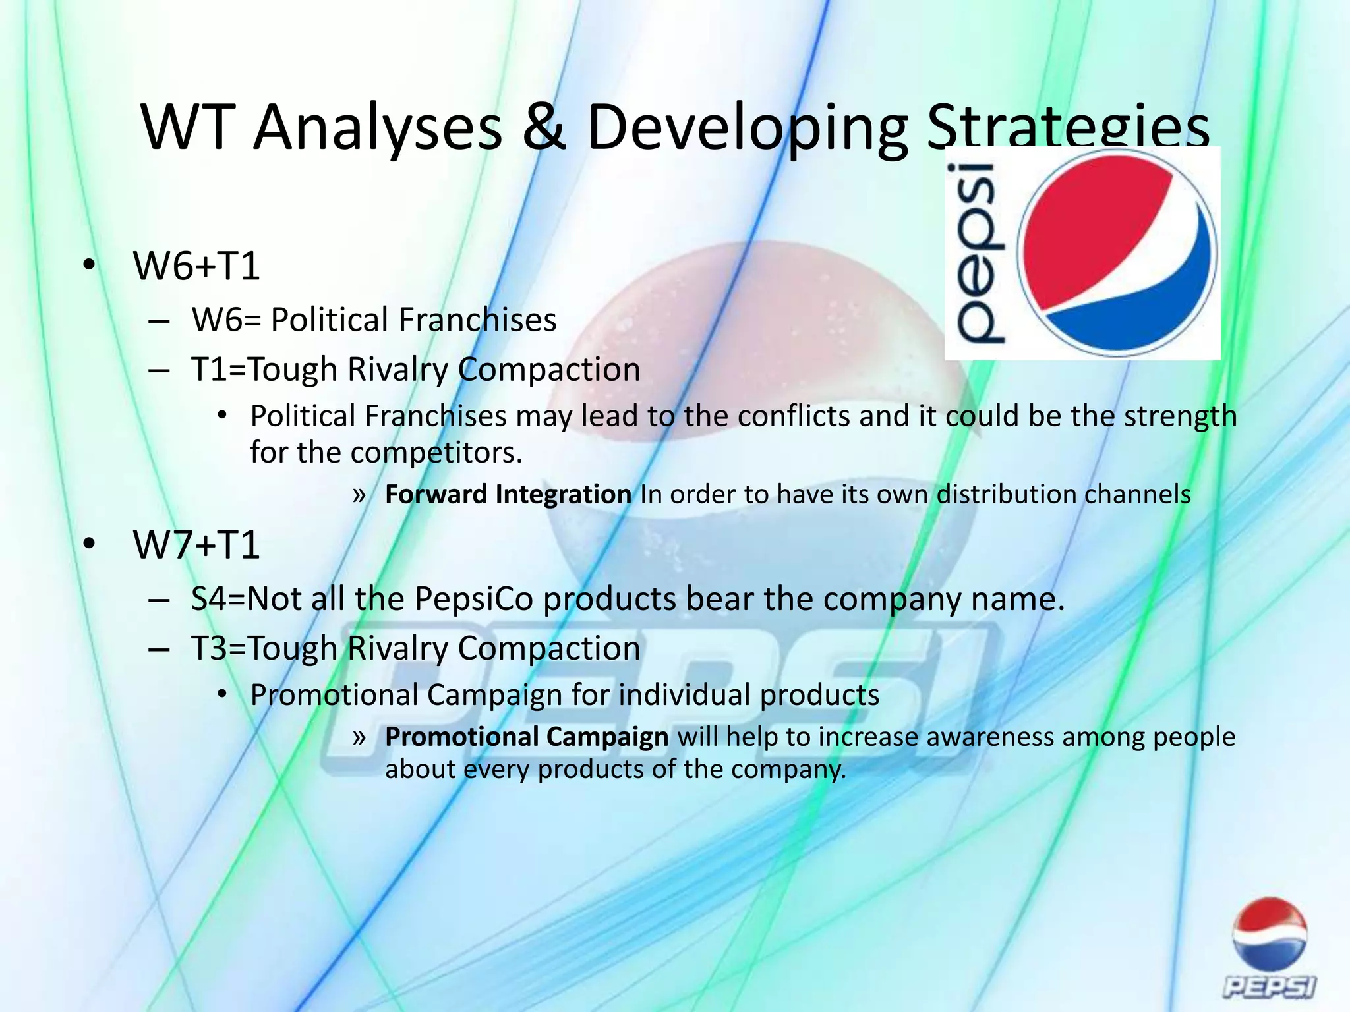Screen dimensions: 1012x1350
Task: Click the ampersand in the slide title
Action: [544, 128]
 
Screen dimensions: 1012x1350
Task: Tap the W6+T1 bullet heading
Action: [196, 266]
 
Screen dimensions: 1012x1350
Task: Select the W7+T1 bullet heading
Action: [196, 545]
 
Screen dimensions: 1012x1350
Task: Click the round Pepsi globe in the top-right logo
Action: [1117, 252]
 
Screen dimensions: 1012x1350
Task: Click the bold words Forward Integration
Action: [508, 495]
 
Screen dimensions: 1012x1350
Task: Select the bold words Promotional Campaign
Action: [526, 737]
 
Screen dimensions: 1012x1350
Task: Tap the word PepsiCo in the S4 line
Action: [473, 599]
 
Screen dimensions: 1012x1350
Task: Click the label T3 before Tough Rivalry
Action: [209, 648]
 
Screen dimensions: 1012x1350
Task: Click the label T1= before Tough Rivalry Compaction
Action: [218, 370]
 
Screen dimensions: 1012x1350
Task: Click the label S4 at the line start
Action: [208, 599]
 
